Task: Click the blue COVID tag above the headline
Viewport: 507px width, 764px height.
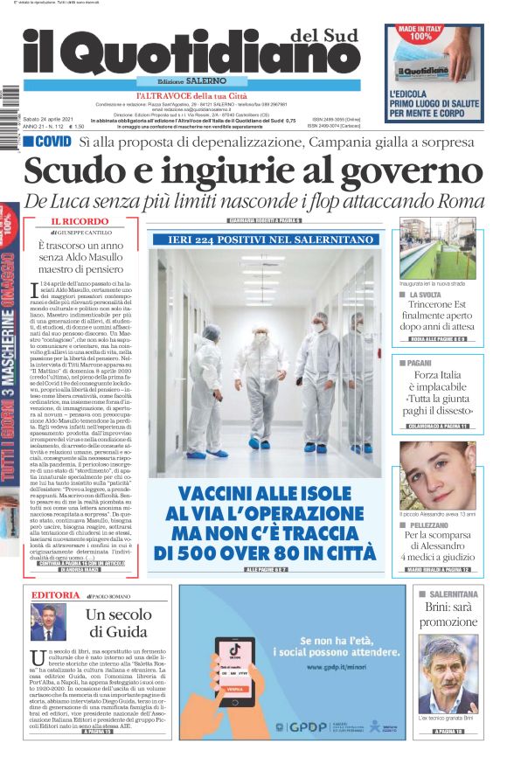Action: click(47, 141)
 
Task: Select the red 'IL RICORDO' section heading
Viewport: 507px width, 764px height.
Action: click(79, 222)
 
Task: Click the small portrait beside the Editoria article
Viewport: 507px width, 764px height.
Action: click(49, 622)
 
